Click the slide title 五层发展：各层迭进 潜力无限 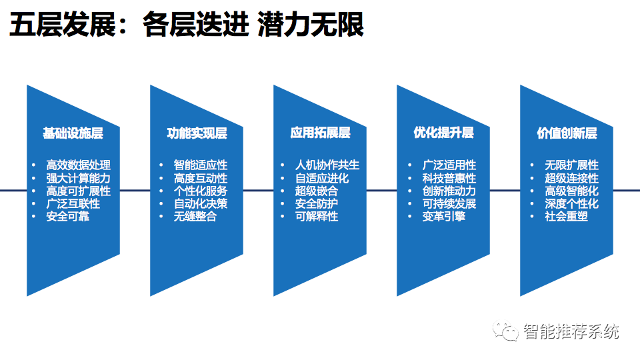coord(186,26)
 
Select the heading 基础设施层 coord(73,133)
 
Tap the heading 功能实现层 coord(197,133)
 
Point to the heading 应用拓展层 coord(320,133)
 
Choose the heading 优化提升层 coord(443,133)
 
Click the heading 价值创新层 coord(567,133)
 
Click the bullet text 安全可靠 coord(67,217)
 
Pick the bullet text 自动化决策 coord(200,204)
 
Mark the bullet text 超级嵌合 coord(317,191)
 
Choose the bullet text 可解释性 coord(317,217)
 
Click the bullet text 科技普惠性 coord(449,178)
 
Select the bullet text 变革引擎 coord(444,217)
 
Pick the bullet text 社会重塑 coord(566,217)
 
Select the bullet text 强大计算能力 coord(78,178)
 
